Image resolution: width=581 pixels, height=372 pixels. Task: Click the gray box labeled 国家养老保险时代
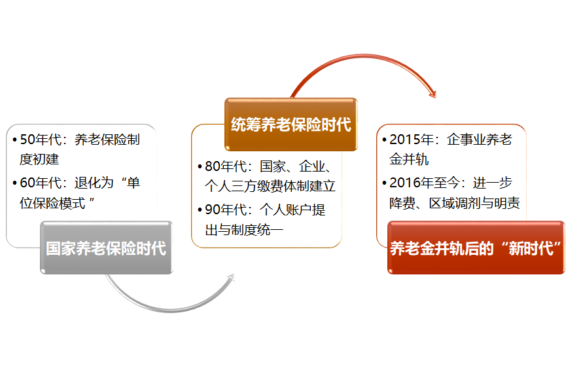pyautogui.click(x=107, y=248)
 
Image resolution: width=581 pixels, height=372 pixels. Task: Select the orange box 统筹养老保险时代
pyautogui.click(x=291, y=124)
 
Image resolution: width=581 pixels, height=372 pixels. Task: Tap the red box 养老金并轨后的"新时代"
pyautogui.click(x=476, y=248)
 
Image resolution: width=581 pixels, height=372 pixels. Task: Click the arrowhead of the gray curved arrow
pyautogui.click(x=231, y=278)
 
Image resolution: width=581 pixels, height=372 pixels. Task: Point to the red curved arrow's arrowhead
pyautogui.click(x=432, y=94)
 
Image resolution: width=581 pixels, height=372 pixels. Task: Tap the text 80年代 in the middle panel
pyautogui.click(x=226, y=166)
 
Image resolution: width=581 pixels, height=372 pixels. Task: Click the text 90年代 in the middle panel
pyautogui.click(x=226, y=210)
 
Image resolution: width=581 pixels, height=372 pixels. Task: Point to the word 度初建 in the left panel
pyautogui.click(x=39, y=160)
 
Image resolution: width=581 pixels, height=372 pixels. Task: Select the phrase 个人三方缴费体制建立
pyautogui.click(x=270, y=186)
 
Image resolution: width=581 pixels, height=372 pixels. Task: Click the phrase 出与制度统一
pyautogui.click(x=244, y=230)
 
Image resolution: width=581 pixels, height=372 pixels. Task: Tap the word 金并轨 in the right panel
pyautogui.click(x=409, y=160)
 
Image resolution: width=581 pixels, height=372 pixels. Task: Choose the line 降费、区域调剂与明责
pyautogui.click(x=455, y=203)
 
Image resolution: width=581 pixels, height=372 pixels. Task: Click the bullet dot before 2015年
pyautogui.click(x=384, y=140)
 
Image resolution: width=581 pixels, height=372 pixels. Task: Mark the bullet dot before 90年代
pyautogui.click(x=200, y=210)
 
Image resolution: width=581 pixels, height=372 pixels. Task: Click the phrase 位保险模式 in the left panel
pyautogui.click(x=52, y=203)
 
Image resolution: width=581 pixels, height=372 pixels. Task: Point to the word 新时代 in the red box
pyautogui.click(x=531, y=248)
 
